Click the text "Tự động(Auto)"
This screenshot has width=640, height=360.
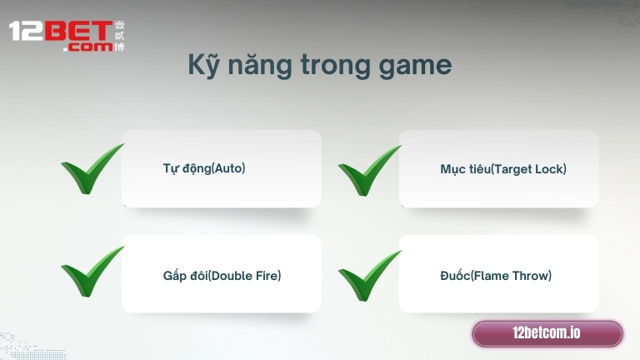click(204, 168)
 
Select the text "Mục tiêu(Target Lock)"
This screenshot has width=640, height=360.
click(503, 169)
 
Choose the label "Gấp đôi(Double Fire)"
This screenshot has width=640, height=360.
click(222, 275)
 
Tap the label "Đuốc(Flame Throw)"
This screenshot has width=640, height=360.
click(496, 275)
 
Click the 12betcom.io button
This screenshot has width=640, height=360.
click(547, 333)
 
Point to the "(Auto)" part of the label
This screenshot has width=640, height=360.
click(228, 168)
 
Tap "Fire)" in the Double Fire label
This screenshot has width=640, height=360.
click(267, 275)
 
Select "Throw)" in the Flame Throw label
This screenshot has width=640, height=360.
click(533, 275)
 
